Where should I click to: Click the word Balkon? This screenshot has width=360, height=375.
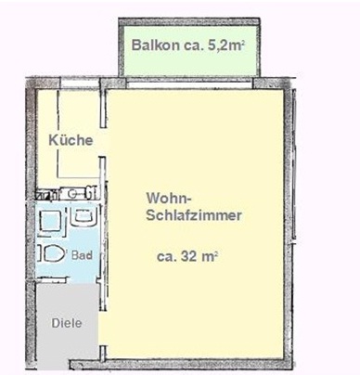pyautogui.click(x=155, y=45)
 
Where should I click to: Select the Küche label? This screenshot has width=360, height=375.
pyautogui.click(x=71, y=140)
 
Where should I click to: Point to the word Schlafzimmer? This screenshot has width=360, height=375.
pyautogui.click(x=194, y=215)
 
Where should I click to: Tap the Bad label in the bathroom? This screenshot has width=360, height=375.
pyautogui.click(x=82, y=255)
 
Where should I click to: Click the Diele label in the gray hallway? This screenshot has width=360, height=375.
pyautogui.click(x=67, y=323)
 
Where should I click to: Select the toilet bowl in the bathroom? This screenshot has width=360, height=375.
pyautogui.click(x=51, y=253)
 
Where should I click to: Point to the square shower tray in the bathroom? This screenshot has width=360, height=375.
pyautogui.click(x=50, y=221)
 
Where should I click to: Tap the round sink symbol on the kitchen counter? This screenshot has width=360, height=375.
pyautogui.click(x=72, y=194)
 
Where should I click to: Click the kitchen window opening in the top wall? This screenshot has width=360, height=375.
pyautogui.click(x=80, y=84)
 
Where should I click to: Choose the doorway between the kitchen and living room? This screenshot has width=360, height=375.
pyautogui.click(x=103, y=142)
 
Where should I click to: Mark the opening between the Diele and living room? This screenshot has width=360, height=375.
pyautogui.click(x=103, y=329)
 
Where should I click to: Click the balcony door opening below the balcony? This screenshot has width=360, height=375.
pyautogui.click(x=189, y=83)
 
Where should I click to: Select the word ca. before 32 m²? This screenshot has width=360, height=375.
pyautogui.click(x=167, y=257)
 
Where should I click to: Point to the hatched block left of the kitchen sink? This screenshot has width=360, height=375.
pyautogui.click(x=45, y=195)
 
